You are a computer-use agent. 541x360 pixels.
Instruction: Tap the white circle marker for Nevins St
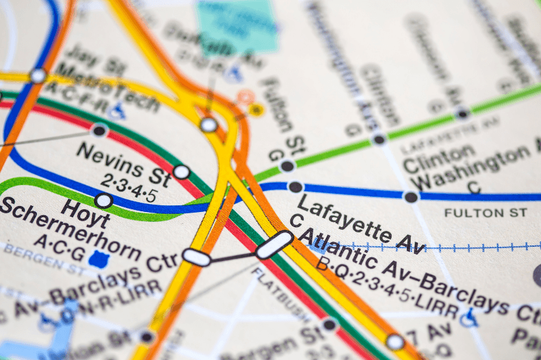point(182,172)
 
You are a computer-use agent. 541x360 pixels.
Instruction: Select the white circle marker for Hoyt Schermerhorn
point(103,200)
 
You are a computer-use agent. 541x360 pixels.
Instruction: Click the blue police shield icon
point(99,259)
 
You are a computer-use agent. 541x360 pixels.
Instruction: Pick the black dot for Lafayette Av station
point(296,187)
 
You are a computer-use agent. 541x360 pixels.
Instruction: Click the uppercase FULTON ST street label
point(485,213)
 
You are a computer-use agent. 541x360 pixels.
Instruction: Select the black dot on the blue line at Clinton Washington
point(411,196)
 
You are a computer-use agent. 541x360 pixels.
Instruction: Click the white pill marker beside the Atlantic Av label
point(274,244)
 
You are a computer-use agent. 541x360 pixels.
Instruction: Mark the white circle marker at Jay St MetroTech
point(38,76)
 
